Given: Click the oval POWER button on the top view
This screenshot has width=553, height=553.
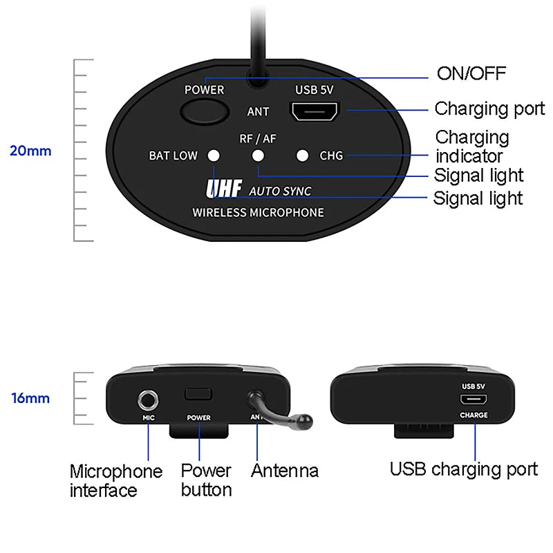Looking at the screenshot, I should click(205, 111).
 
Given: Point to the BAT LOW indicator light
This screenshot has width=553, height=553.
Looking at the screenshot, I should click(214, 156).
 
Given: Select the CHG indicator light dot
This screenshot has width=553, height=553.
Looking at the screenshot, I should click(302, 156).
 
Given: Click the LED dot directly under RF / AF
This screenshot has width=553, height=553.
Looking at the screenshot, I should click(258, 156).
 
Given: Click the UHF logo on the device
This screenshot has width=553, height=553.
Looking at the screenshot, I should click(223, 189).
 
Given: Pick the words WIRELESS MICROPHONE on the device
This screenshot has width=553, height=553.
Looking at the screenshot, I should click(258, 212).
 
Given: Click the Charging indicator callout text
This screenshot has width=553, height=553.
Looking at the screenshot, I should click(472, 146).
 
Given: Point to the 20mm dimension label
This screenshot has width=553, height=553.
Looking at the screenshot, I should click(30, 150).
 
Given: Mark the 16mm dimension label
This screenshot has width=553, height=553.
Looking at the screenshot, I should click(30, 398).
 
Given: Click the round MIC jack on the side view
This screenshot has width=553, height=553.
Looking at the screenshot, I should click(148, 399).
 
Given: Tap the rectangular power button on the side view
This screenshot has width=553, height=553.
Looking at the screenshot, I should click(198, 394).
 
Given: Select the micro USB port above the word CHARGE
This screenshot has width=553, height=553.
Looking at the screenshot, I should click(474, 400).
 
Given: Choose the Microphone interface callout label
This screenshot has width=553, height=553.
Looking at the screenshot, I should click(115, 480).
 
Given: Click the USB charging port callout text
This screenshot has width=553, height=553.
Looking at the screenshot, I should click(463, 469).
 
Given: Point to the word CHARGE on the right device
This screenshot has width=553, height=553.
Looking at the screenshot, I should click(474, 415).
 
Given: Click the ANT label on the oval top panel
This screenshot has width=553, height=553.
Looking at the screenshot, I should click(258, 111).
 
